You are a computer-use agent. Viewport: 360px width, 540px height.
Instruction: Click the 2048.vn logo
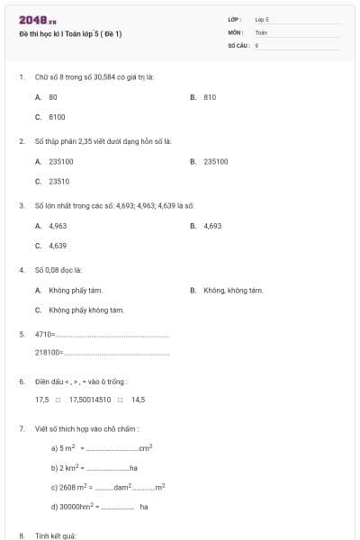[x=37, y=19]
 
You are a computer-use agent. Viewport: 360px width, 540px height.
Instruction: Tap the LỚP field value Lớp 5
[x=262, y=18]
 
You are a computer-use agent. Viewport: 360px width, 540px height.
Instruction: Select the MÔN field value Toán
[x=261, y=31]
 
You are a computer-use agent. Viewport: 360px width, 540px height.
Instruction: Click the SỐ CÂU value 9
[x=257, y=44]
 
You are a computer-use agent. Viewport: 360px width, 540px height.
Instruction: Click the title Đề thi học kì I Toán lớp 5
[x=70, y=33]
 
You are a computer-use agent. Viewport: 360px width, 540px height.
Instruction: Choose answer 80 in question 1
[x=53, y=96]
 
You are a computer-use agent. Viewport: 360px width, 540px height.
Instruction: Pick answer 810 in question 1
[x=210, y=96]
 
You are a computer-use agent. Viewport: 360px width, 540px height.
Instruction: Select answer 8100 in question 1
[x=57, y=116]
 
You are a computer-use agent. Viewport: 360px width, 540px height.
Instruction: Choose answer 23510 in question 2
[x=59, y=180]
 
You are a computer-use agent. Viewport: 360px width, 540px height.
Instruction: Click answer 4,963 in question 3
[x=58, y=225]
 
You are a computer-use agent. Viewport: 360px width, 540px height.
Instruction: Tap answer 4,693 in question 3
[x=212, y=225]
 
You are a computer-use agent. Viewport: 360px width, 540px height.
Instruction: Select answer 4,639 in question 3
[x=58, y=245]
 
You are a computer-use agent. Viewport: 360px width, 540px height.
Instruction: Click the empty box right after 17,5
[x=58, y=400]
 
